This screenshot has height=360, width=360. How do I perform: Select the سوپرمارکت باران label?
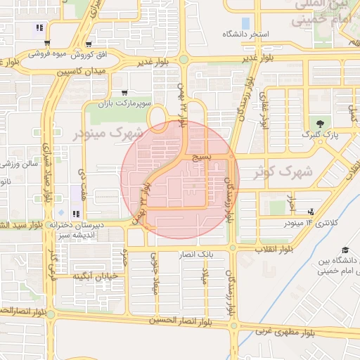(x=146, y=103)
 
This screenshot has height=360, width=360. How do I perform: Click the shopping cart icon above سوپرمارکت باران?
(x=124, y=92)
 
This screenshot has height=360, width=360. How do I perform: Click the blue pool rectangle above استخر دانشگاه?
(x=245, y=23)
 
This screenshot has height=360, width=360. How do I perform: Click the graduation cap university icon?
(x=345, y=250)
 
